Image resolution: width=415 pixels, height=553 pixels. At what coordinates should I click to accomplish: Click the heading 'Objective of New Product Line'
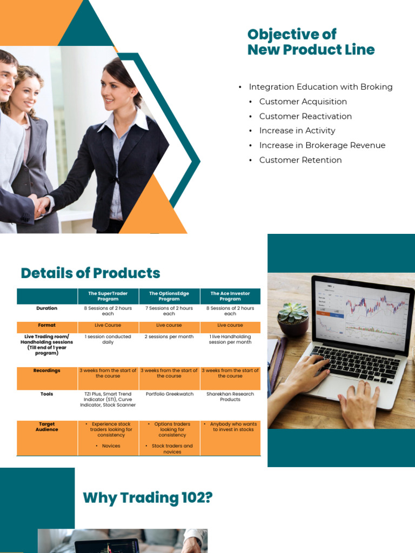(311, 42)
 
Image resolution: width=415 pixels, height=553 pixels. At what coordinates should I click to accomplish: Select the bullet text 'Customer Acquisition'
(303, 102)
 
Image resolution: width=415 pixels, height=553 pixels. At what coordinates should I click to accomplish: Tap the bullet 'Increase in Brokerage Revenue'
(322, 145)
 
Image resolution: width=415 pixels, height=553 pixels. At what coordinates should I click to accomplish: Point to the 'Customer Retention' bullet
(300, 160)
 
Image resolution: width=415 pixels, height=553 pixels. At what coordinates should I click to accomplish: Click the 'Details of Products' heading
(90, 273)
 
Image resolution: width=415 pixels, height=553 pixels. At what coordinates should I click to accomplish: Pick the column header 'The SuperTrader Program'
(108, 296)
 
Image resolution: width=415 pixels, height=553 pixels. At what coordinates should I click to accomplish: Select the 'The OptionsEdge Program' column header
(169, 296)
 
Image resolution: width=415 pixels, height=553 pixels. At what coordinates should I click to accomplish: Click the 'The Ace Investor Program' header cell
(230, 296)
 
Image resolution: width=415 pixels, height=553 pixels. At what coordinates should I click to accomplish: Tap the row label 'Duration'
(47, 308)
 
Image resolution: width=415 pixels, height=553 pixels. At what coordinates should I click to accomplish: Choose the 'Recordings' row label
(47, 371)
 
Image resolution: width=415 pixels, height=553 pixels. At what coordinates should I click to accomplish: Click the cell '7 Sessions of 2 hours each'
(169, 311)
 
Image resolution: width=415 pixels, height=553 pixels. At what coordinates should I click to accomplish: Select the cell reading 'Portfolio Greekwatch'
(169, 394)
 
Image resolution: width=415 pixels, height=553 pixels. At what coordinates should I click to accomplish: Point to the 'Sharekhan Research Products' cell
(230, 397)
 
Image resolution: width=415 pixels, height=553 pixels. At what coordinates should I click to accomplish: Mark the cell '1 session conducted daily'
(108, 339)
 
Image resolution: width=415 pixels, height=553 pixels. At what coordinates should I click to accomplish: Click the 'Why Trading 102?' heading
(148, 498)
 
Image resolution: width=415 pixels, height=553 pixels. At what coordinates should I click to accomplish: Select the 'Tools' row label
(47, 394)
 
